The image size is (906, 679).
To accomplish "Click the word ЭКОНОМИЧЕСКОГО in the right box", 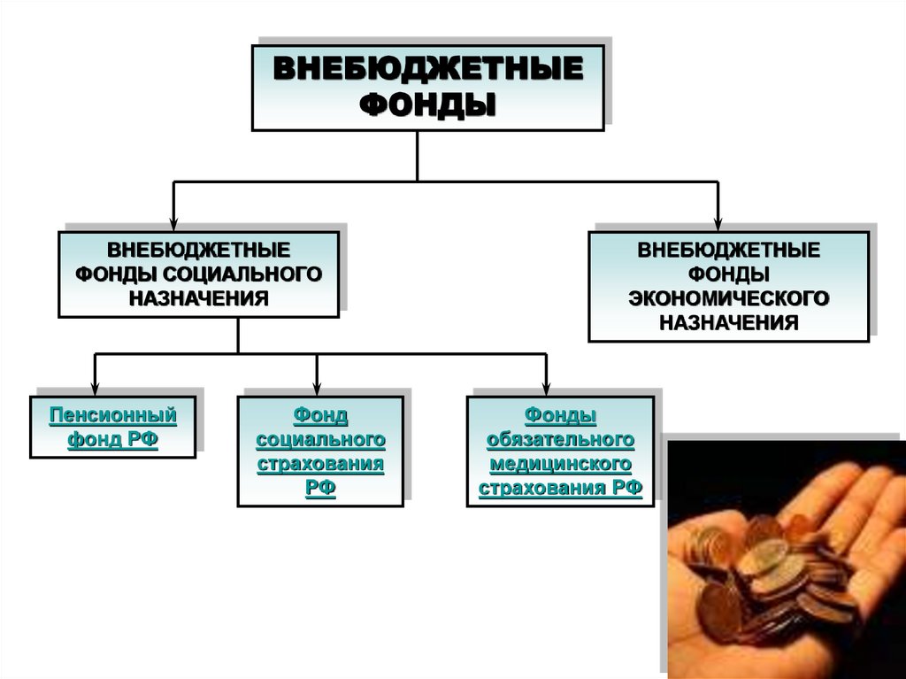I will pos(728,297).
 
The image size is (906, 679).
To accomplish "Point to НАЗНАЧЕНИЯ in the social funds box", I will pos(198,297).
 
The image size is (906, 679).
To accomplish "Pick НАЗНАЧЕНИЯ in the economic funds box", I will pos(728,321).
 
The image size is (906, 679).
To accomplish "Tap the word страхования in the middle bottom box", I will pos(320,463).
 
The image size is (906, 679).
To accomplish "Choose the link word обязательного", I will pos(560,439).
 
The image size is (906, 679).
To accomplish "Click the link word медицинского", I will pos(560,463).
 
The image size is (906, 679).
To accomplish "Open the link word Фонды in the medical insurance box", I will pos(560,414).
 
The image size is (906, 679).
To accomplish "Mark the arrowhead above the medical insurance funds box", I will pos(546,388).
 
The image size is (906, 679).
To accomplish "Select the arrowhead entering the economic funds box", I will pos(718,222).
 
